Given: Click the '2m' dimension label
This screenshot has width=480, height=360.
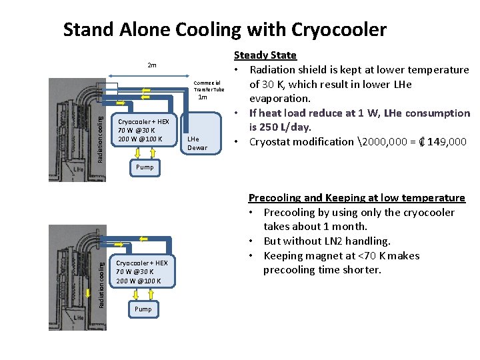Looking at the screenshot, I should tap(152, 65).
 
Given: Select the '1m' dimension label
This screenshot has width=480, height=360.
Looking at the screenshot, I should tap(203, 97).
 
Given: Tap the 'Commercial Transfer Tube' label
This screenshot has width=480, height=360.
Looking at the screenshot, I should tap(209, 86).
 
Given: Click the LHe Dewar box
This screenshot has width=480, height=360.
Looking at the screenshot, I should tap(197, 143).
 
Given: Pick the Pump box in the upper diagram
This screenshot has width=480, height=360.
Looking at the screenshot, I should tap(145, 167).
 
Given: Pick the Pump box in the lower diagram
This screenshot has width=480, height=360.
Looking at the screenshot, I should tap(143, 309).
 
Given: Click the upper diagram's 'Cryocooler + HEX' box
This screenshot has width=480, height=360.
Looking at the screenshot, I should tap(144, 130).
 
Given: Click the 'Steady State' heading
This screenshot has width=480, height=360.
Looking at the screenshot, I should tap(265, 55).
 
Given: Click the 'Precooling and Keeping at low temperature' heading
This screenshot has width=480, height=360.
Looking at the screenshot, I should tap(357, 198).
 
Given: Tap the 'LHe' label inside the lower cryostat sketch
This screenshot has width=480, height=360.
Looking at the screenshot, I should tap(78, 318).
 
